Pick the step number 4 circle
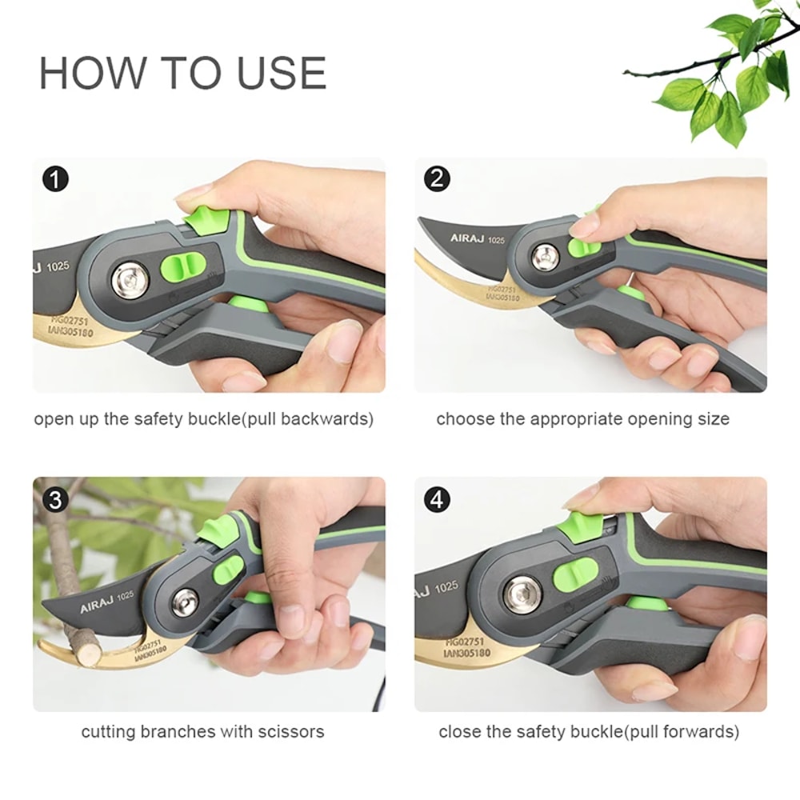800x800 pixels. (436, 500)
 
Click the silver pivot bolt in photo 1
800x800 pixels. (130, 281)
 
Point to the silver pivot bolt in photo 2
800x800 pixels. (546, 257)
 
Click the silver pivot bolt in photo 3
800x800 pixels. (185, 602)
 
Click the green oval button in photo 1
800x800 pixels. (179, 266)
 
